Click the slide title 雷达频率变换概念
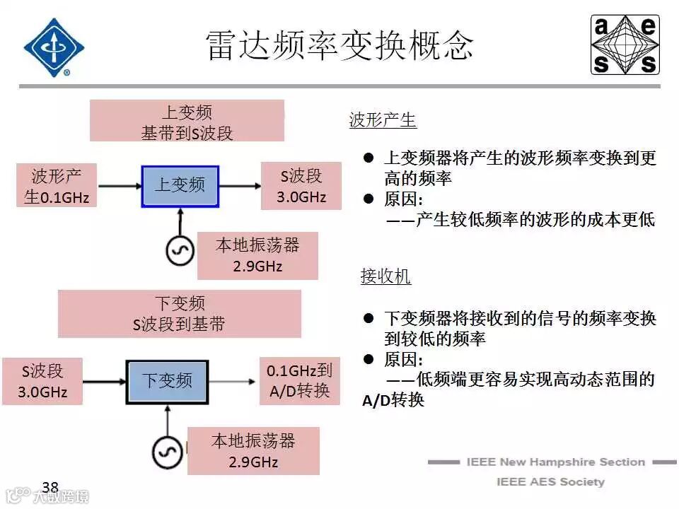click(x=339, y=46)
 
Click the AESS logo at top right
click(x=625, y=45)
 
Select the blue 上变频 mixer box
click(x=180, y=186)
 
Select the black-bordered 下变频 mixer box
click(x=168, y=381)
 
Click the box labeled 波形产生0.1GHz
click(x=57, y=186)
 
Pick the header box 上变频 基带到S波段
click(x=187, y=122)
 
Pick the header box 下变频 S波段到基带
click(x=180, y=313)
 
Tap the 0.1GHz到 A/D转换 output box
click(x=299, y=380)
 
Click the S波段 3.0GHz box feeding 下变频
click(x=42, y=381)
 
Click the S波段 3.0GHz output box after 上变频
click(x=301, y=186)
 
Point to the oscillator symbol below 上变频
click(x=180, y=250)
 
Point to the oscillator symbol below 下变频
click(x=168, y=450)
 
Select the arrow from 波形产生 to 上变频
click(x=119, y=187)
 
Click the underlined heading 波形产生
click(x=383, y=120)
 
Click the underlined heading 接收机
click(x=385, y=276)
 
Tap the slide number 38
click(x=50, y=487)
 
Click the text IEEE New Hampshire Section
click(x=555, y=462)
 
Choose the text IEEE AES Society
click(x=550, y=482)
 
